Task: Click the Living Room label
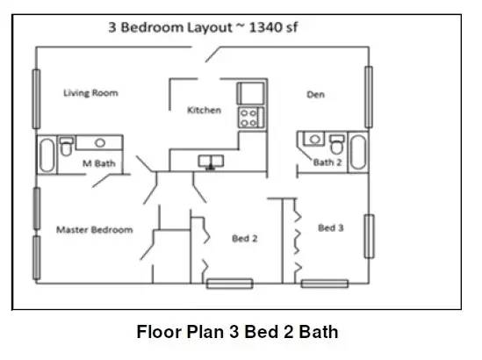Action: pyautogui.click(x=90, y=93)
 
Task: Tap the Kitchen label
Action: pyautogui.click(x=204, y=110)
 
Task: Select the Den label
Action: pyautogui.click(x=316, y=94)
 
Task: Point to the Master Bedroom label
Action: pyautogui.click(x=95, y=230)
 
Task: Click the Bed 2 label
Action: pyautogui.click(x=245, y=238)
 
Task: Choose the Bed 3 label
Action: pyautogui.click(x=331, y=227)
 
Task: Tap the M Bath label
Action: pyautogui.click(x=99, y=163)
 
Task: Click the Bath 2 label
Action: pyautogui.click(x=327, y=162)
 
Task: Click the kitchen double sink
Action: pyautogui.click(x=211, y=162)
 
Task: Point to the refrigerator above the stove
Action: pyautogui.click(x=250, y=93)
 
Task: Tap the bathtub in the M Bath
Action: pyautogui.click(x=47, y=155)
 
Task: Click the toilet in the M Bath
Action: pyautogui.click(x=66, y=147)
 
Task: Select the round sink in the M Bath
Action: pyautogui.click(x=100, y=142)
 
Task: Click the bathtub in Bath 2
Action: pyautogui.click(x=358, y=152)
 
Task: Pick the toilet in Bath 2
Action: pyautogui.click(x=337, y=144)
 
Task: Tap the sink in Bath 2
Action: pyautogui.click(x=314, y=139)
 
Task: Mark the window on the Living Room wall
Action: pyautogui.click(x=36, y=99)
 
